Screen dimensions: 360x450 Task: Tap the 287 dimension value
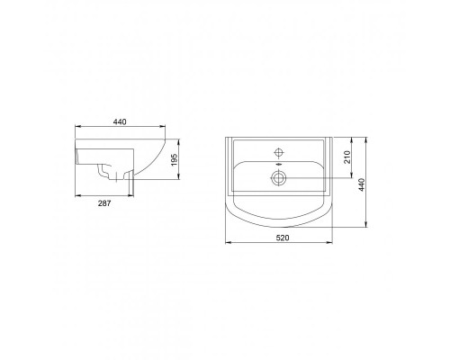point(103,204)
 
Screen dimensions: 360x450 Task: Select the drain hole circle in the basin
point(281,178)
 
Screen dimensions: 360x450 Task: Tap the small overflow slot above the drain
point(281,166)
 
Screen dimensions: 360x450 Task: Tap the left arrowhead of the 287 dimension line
point(76,194)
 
